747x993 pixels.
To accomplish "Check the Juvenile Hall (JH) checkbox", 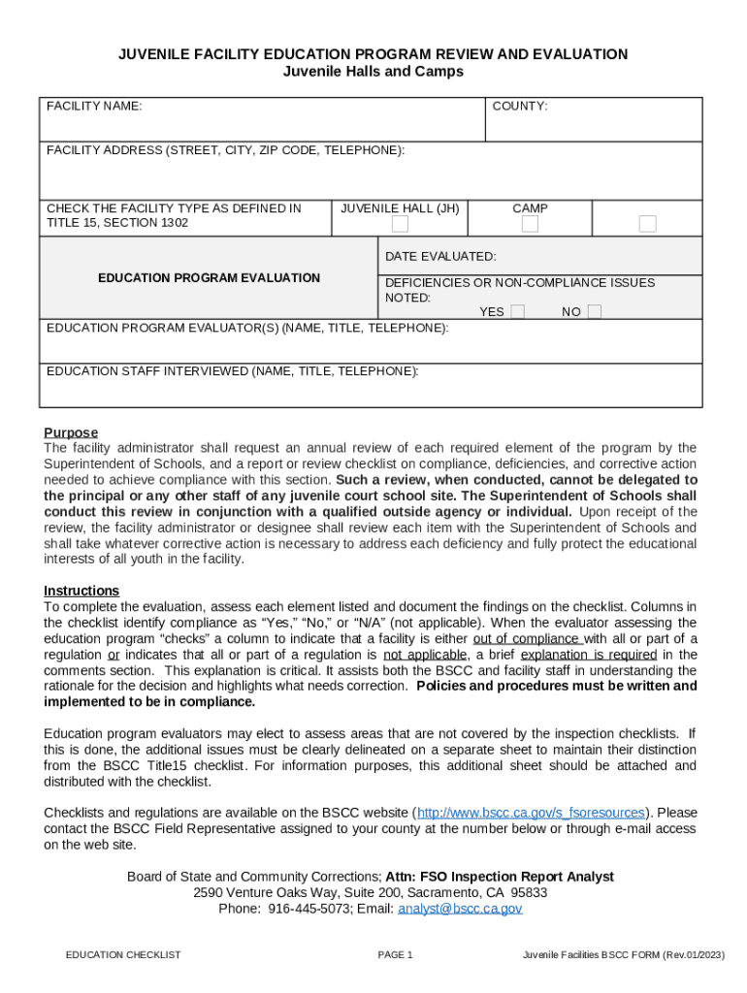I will tap(400, 224).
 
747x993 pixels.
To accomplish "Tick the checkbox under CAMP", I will tap(530, 224).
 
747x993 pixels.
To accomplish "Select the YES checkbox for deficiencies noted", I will tap(518, 312).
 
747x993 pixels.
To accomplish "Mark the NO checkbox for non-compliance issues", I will tap(595, 312).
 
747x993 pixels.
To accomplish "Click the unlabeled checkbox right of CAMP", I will tap(647, 224).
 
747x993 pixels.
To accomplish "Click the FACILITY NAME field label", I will tap(94, 106).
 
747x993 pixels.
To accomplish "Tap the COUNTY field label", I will tap(520, 106).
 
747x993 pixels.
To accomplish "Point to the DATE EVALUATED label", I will tap(440, 257).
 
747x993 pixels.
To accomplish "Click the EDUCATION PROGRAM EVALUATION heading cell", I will tap(209, 278).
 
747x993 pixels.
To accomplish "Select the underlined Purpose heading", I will tap(71, 432).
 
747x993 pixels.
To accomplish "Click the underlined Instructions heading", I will tap(81, 591).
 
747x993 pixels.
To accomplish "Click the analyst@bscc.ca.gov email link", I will tap(460, 909).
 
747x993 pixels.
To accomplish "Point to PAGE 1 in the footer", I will tap(396, 955).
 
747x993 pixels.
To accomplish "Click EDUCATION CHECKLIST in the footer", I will tap(123, 955).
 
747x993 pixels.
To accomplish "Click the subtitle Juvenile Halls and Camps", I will tap(373, 72).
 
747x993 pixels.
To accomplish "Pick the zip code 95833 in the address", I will tap(529, 892).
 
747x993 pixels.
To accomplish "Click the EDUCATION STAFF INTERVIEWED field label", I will tap(233, 371).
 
